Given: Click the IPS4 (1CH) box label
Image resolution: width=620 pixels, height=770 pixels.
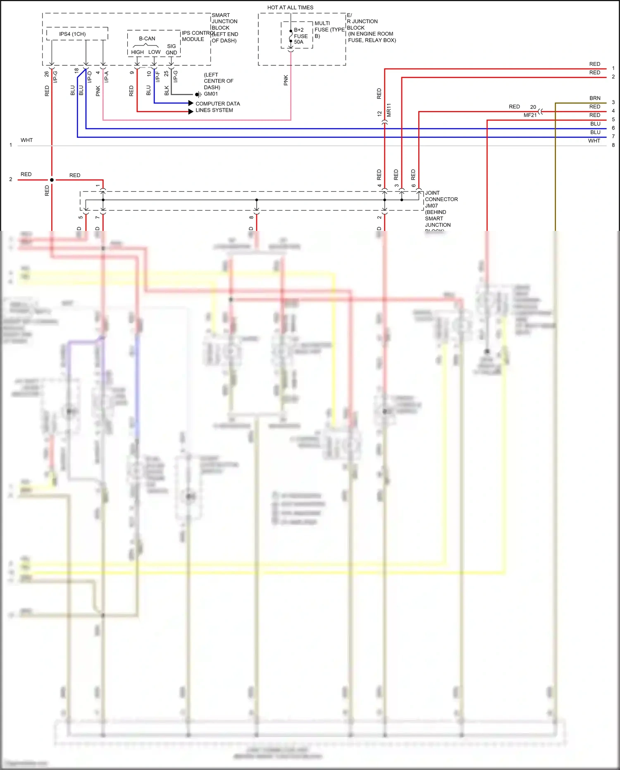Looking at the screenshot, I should (72, 34).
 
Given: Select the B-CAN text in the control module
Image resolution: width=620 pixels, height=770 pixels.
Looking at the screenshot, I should (147, 38).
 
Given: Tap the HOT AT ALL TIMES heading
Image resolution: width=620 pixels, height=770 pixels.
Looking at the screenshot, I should (290, 7).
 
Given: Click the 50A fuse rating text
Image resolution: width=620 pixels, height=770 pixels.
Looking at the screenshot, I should (298, 42).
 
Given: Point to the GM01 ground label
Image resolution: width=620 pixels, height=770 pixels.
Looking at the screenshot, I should (211, 94).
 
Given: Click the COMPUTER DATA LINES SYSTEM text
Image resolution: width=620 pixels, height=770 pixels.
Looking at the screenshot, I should (217, 107).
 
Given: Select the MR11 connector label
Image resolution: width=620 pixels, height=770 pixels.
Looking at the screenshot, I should (389, 110).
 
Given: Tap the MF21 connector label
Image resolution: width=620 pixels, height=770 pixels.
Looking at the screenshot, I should (530, 115).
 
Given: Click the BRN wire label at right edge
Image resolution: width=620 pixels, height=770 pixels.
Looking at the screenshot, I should (595, 98).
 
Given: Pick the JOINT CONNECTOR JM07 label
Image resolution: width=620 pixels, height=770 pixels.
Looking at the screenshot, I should (441, 199).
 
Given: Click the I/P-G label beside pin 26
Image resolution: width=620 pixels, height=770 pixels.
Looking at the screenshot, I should (55, 77).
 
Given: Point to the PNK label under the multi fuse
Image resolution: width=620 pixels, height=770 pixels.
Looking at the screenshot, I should (286, 80).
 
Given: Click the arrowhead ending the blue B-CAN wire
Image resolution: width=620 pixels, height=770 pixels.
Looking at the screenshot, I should (191, 103).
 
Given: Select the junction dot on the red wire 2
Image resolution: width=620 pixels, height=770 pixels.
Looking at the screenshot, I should (52, 180).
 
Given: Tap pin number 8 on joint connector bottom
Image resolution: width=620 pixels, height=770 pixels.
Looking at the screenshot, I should (251, 217).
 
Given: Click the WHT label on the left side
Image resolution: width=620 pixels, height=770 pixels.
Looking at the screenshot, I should (26, 140).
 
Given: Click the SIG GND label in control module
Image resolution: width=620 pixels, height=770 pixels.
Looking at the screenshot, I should (171, 49).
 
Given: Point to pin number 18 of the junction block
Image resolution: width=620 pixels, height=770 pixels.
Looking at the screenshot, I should (76, 71).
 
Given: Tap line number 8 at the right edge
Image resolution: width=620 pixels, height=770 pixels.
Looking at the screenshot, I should (613, 145).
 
